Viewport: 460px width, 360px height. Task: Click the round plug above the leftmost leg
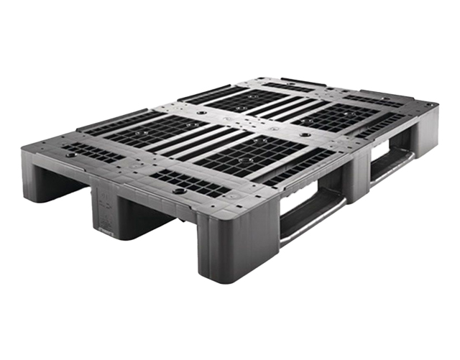point(70,154)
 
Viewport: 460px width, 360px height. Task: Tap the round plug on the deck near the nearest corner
point(177,192)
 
